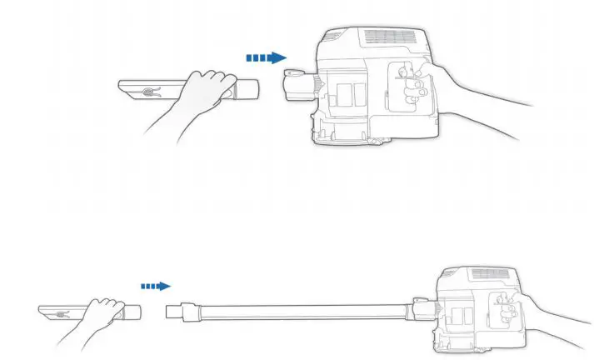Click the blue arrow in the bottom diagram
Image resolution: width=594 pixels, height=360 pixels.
click(155, 286)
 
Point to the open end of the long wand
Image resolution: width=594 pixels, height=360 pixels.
click(176, 312)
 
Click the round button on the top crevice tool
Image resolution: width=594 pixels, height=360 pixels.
click(147, 92)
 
